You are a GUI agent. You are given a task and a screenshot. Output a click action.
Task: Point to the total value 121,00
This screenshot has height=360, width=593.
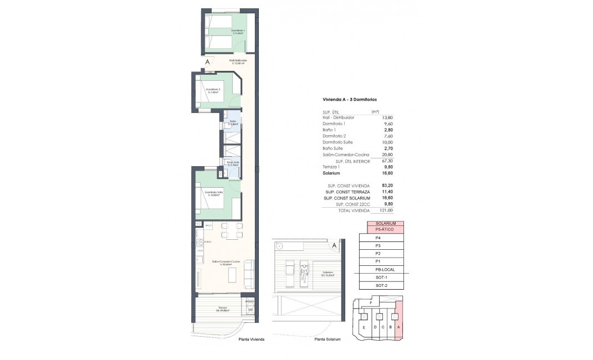(386, 210)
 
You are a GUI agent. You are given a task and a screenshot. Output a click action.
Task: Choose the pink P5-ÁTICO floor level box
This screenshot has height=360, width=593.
(384, 229)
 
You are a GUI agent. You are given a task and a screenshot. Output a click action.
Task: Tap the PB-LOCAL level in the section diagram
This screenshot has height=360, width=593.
(384, 269)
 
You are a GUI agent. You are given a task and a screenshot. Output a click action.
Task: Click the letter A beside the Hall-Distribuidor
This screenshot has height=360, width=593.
(207, 62)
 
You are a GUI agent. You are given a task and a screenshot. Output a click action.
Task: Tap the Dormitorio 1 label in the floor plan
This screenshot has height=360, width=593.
(224, 31)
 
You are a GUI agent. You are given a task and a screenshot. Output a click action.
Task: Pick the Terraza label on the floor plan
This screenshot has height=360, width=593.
(222, 308)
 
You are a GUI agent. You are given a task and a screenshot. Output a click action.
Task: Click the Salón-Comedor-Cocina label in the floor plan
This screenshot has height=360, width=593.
(226, 262)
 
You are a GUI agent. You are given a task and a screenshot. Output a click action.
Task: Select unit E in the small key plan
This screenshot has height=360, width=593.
(364, 327)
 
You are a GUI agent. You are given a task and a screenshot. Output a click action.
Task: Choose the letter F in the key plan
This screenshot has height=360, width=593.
(378, 302)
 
